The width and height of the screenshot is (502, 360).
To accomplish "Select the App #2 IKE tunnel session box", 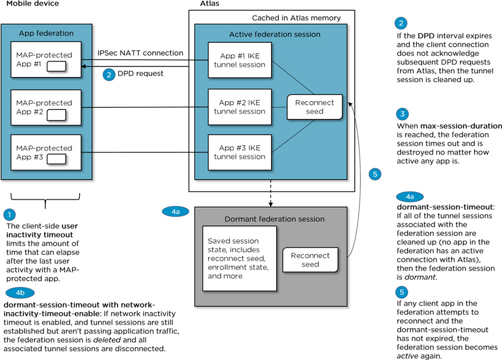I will [239, 107].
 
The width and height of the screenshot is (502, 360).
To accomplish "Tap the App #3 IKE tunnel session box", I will [239, 152].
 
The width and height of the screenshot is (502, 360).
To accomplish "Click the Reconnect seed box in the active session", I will [315, 107].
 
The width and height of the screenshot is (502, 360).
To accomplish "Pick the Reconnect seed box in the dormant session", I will [310, 260].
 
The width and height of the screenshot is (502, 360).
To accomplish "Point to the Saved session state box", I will [239, 259].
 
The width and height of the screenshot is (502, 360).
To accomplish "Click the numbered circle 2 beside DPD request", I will [109, 74].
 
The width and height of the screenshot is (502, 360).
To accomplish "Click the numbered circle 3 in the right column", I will [402, 114].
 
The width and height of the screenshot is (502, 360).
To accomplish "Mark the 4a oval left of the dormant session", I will [175, 211].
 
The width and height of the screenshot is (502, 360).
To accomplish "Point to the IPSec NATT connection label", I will [140, 53].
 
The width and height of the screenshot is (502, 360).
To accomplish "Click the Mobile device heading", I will [32, 4].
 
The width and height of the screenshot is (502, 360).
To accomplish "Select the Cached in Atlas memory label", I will [296, 18].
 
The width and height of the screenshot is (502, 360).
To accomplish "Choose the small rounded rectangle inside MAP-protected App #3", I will [56, 159].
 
